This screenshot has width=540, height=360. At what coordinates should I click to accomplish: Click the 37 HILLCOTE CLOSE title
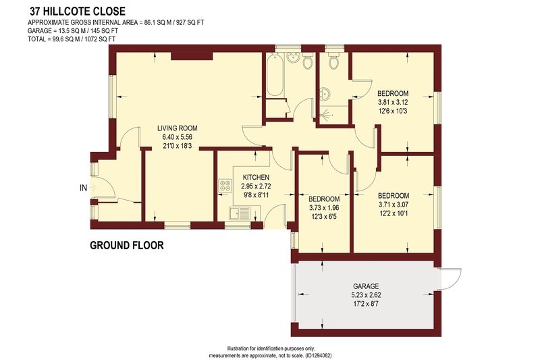point(78,11)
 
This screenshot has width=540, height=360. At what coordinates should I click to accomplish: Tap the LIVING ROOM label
point(178,128)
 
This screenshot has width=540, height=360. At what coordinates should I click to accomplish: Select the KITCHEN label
point(256,178)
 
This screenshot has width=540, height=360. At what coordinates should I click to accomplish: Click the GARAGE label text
point(366,286)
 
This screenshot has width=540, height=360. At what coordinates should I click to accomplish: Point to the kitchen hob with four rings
point(225,186)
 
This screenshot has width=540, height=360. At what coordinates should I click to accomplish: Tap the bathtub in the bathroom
point(275,76)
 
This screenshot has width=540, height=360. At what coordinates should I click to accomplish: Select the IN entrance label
point(83,188)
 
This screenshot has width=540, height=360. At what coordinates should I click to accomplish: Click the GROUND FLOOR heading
point(127,245)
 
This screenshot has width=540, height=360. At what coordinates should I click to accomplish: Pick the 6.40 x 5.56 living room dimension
point(178,137)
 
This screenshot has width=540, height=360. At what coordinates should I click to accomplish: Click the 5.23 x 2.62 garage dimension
point(366,295)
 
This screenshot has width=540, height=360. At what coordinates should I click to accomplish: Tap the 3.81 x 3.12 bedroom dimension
point(393,102)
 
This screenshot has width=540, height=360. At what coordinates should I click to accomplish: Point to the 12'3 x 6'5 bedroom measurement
point(324,217)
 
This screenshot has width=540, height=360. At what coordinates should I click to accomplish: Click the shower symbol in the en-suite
point(325,113)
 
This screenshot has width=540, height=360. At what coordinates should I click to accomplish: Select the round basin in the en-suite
point(325,93)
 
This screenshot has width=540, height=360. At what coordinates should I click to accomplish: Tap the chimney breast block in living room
point(192,56)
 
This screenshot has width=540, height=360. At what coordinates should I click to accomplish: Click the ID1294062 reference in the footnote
point(319,355)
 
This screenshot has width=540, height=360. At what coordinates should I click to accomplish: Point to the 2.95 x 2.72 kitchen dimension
point(256,186)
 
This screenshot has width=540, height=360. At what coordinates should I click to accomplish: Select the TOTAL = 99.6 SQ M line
point(72,39)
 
